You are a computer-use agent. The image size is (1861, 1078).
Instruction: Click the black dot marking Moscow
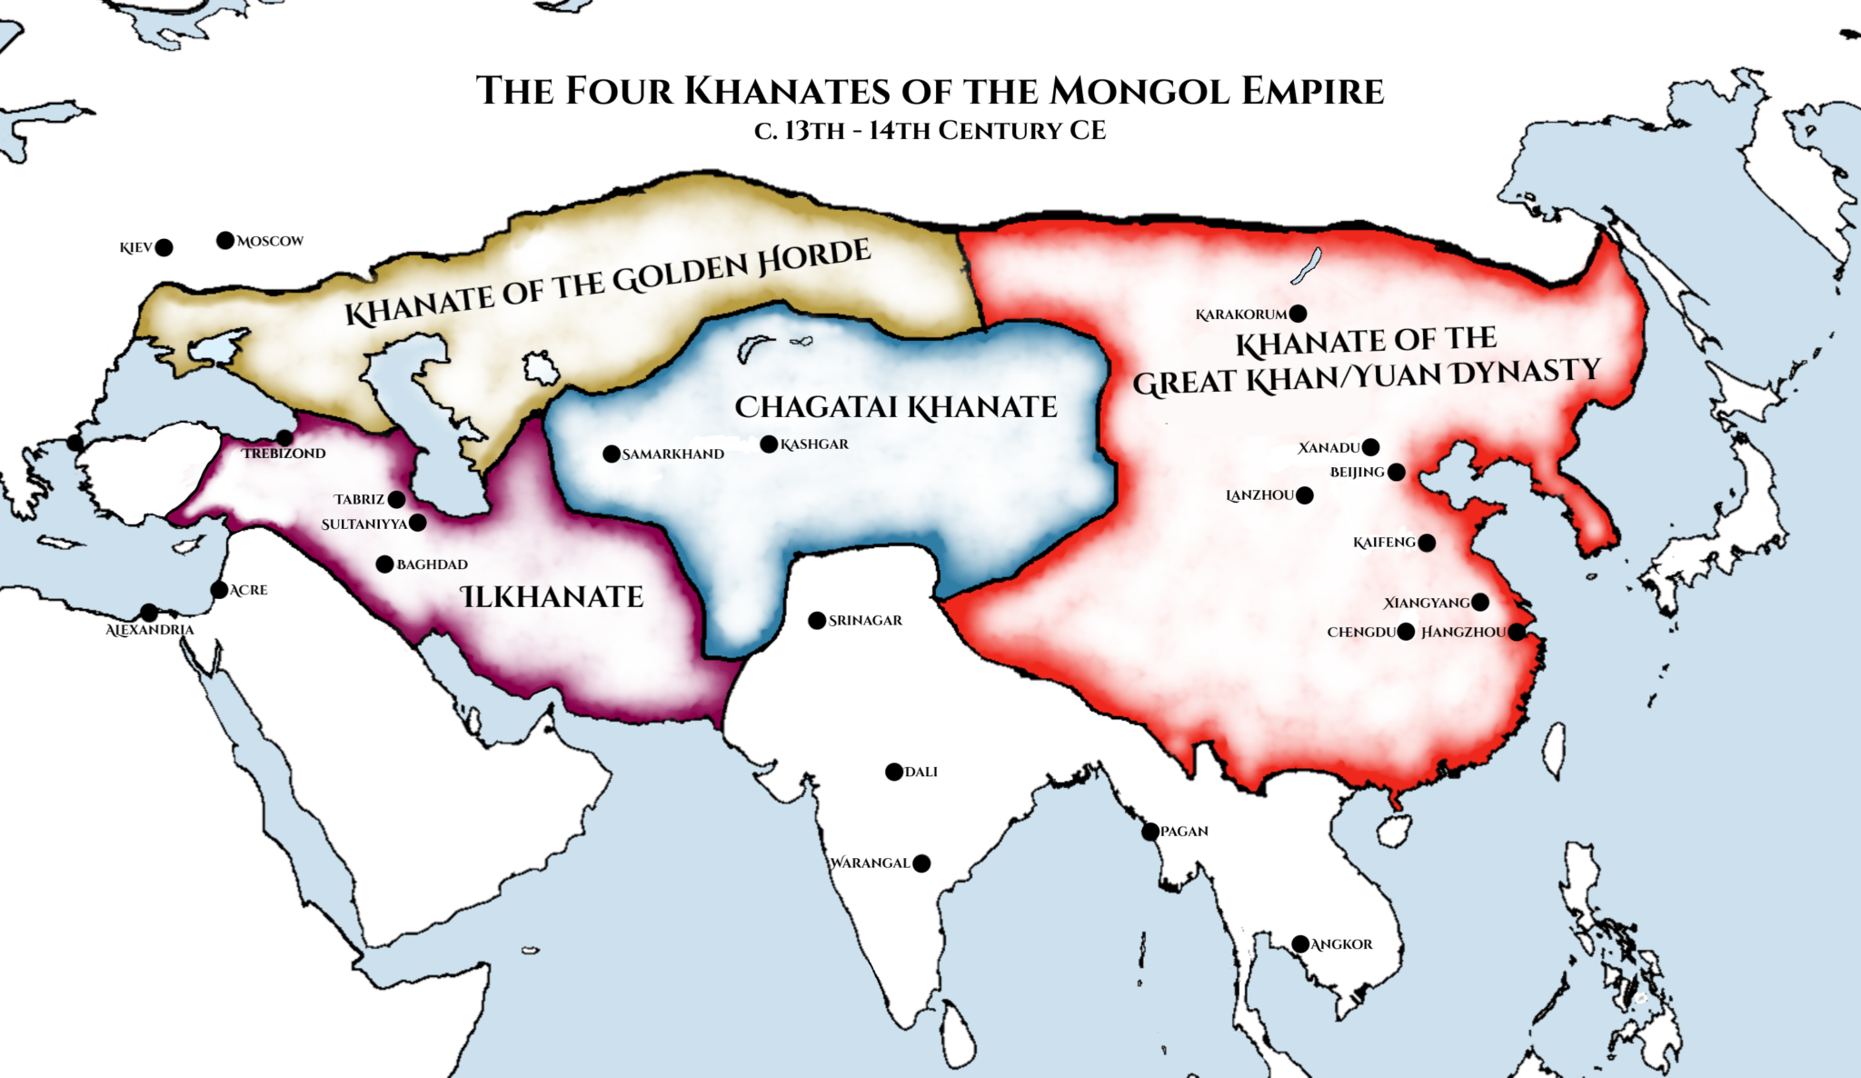[x=225, y=240]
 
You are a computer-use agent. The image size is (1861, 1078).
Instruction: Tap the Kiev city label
[x=135, y=247]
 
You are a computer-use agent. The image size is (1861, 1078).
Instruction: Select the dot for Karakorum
[x=1298, y=314]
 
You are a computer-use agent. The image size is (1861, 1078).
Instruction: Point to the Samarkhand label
[x=672, y=454]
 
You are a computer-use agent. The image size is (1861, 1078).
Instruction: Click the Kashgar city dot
[x=769, y=444]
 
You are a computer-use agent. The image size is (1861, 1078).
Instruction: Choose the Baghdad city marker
[x=384, y=564]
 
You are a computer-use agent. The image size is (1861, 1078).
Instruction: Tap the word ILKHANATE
[x=552, y=596]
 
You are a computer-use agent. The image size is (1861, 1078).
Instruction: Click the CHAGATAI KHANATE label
[x=895, y=406]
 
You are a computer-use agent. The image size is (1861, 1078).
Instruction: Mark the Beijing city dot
[x=1397, y=472]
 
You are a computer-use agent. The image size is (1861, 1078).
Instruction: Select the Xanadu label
[x=1328, y=447]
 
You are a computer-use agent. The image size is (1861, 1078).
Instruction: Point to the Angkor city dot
[x=1300, y=943]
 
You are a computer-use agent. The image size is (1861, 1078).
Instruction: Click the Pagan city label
[x=1184, y=831]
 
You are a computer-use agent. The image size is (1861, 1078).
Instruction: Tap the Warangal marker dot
[x=921, y=863]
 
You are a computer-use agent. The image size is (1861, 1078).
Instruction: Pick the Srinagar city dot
[x=817, y=621]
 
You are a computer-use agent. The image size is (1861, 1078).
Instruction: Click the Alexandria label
[x=150, y=630]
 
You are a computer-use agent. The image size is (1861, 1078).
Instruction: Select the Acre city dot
[x=219, y=590]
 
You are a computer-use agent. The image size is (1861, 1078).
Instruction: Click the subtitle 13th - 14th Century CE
[x=930, y=131]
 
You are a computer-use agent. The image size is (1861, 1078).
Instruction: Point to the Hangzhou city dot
[x=1517, y=632]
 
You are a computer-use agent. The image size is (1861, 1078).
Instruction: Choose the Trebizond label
[x=284, y=453]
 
